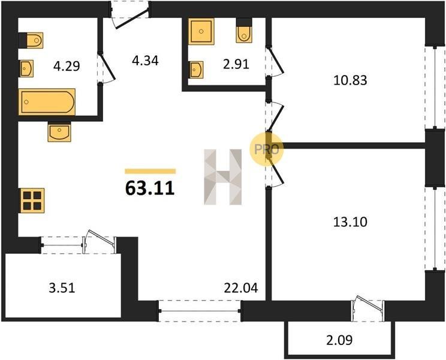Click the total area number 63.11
tap(150, 188)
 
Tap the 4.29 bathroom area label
tap(67, 67)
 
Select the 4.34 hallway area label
tap(145, 61)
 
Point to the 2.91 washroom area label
tap(236, 64)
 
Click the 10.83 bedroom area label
tap(350, 80)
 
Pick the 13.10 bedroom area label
tap(350, 221)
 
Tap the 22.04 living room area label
tap(241, 288)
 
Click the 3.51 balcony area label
tap(62, 288)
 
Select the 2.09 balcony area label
tap(339, 340)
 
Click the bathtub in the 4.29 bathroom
tap(47, 102)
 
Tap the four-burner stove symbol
tap(32, 200)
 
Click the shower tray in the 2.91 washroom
tap(201, 31)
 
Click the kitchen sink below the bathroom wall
tap(59, 133)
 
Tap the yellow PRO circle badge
tap(267, 149)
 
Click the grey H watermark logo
tap(223, 177)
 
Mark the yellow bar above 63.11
tap(150, 171)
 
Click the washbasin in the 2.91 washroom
tap(196, 70)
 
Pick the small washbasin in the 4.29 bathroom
tap(27, 68)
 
